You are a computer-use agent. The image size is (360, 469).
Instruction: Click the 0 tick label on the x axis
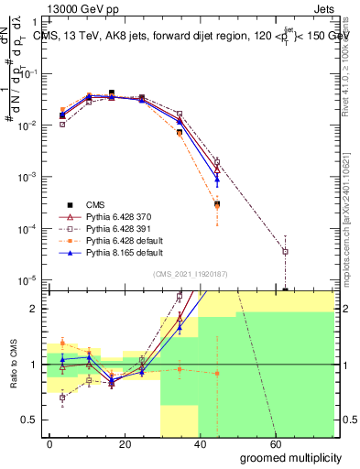[50, 443]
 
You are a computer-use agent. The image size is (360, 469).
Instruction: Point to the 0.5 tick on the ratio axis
[29, 420]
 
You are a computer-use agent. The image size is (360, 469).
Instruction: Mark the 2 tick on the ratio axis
[34, 309]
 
